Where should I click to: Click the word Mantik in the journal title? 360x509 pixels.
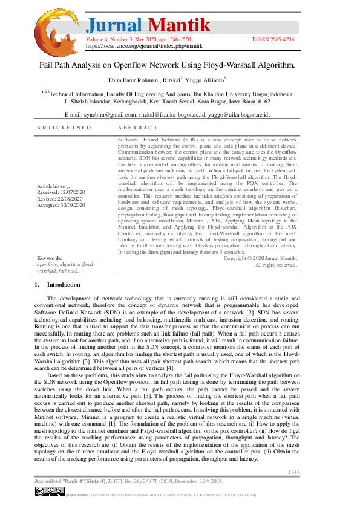click(x=180, y=25)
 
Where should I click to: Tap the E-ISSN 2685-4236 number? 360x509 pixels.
click(x=273, y=38)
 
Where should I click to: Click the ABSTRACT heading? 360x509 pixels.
click(x=138, y=128)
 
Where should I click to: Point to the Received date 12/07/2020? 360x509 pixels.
click(x=61, y=192)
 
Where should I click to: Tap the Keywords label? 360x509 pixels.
click(x=50, y=258)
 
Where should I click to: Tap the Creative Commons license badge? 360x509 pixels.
click(x=48, y=492)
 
